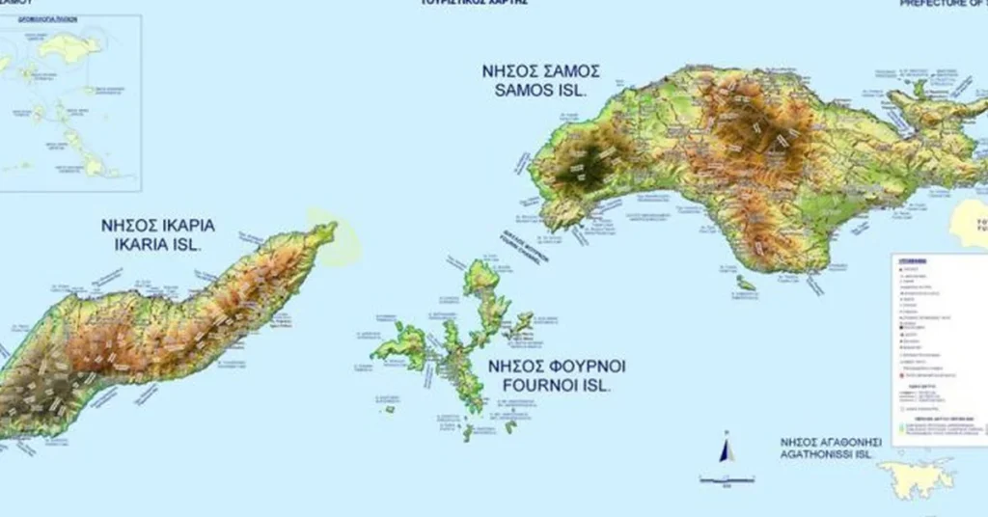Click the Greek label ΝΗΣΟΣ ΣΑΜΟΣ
point(540,71)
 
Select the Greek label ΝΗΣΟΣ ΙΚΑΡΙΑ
point(158,226)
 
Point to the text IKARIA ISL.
point(158,245)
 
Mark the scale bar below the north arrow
point(727,478)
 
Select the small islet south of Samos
point(745,284)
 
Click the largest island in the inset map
point(69,45)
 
